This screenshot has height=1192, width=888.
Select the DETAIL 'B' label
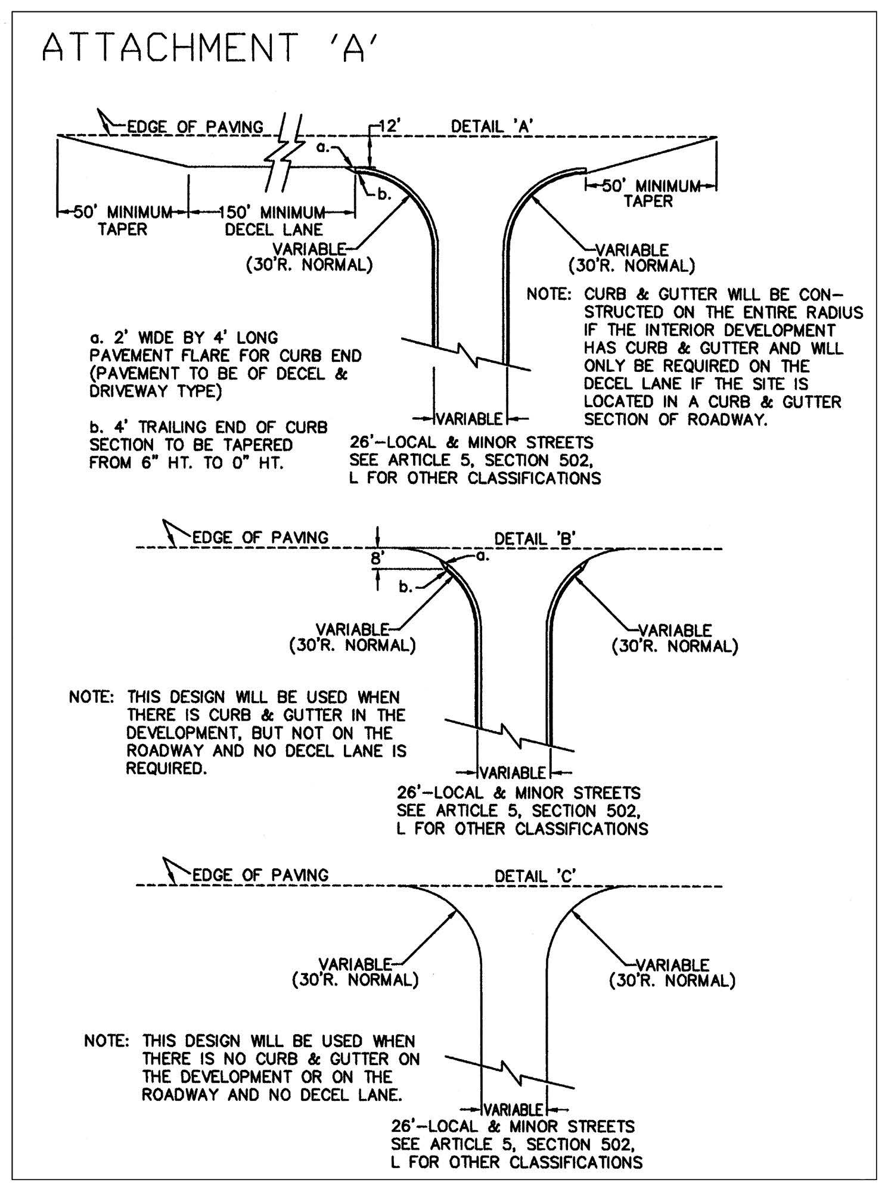pos(535,538)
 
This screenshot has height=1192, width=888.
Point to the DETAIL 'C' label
pos(535,876)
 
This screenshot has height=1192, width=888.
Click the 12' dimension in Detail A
pos(392,126)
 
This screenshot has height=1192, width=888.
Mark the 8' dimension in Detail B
pos(376,559)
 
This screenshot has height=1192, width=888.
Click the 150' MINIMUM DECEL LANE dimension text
pos(274,221)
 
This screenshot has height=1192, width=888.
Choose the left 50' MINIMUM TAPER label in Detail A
pos(122,221)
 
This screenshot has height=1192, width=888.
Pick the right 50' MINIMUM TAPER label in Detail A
pos(649,194)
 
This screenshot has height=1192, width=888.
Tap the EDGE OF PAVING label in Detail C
pos(260,875)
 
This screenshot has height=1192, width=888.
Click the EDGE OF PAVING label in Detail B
pos(260,538)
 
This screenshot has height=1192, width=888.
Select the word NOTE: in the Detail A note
pos(549,294)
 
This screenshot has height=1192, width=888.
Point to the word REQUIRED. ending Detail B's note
pos(166,768)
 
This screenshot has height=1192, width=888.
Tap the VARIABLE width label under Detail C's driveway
pos(513,1110)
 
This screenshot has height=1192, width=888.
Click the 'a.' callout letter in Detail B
pos(483,556)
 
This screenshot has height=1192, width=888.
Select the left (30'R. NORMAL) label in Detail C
pos(355,980)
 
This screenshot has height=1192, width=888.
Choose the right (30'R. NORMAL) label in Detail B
pos(675,646)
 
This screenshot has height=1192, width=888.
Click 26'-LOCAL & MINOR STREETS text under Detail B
pos(518,793)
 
